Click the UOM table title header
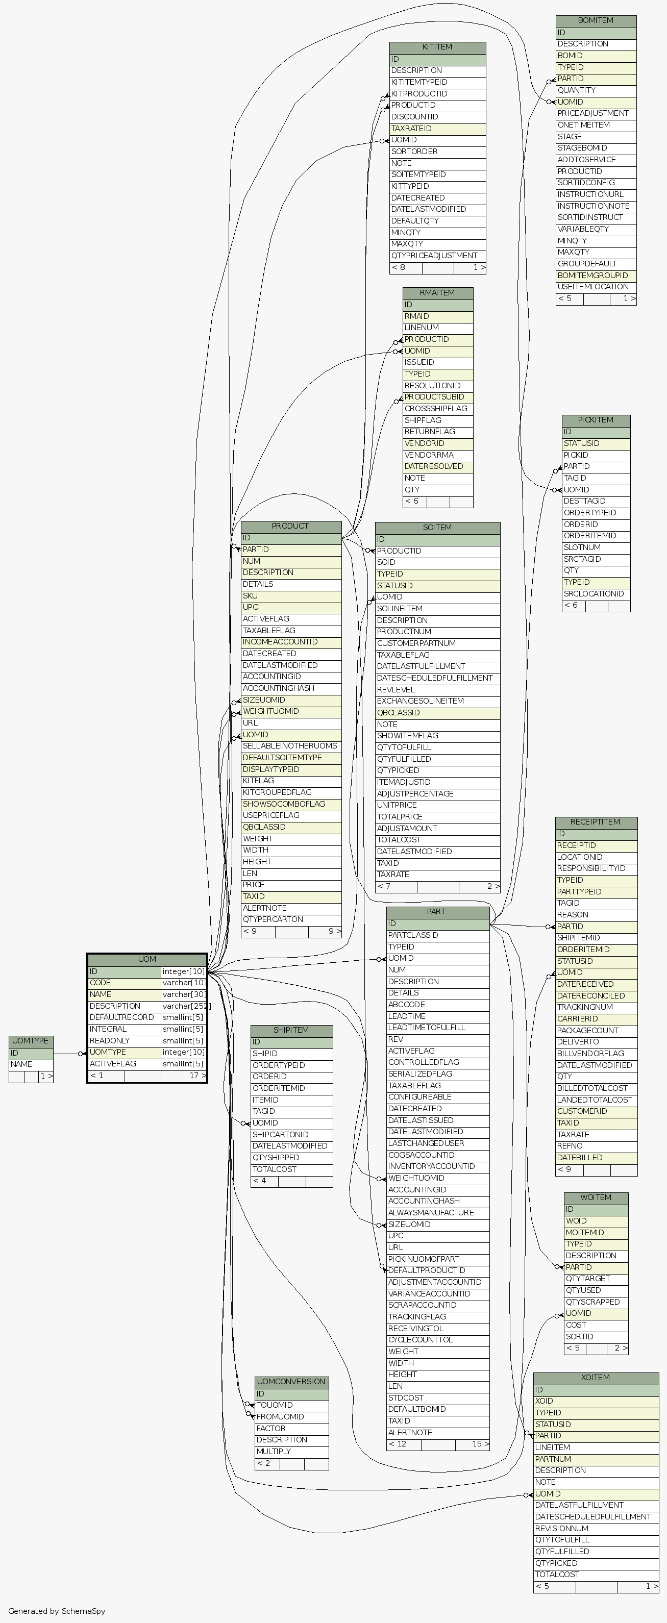[x=147, y=959]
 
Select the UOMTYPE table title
[x=30, y=1041]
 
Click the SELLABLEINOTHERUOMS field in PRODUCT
[x=290, y=746]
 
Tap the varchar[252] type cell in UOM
[x=184, y=1006]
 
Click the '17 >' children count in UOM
[x=197, y=1076]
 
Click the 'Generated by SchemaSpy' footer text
[x=57, y=1611]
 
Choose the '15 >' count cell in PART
[x=480, y=1444]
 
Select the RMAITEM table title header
[x=437, y=293]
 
